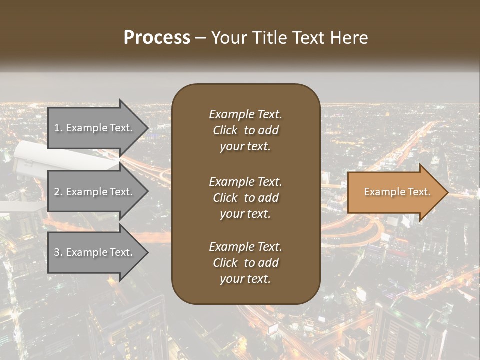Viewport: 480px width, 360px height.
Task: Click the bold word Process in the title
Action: [x=157, y=37]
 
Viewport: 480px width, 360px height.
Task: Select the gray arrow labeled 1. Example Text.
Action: [x=95, y=128]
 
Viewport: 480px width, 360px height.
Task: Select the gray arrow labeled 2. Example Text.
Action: [x=95, y=192]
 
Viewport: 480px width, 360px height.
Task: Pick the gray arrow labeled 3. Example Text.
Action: [x=95, y=252]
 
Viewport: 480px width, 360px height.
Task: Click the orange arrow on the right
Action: [x=395, y=192]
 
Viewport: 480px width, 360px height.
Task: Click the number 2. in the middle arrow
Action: [x=58, y=192]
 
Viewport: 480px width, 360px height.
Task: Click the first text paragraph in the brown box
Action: [x=245, y=130]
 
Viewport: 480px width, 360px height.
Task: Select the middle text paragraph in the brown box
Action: [x=245, y=198]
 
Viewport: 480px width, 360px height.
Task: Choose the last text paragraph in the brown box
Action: [x=245, y=263]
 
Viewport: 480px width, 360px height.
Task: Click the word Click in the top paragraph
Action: [x=225, y=130]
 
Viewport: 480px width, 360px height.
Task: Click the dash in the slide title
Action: [x=200, y=37]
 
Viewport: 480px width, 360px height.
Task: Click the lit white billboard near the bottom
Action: [x=273, y=329]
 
